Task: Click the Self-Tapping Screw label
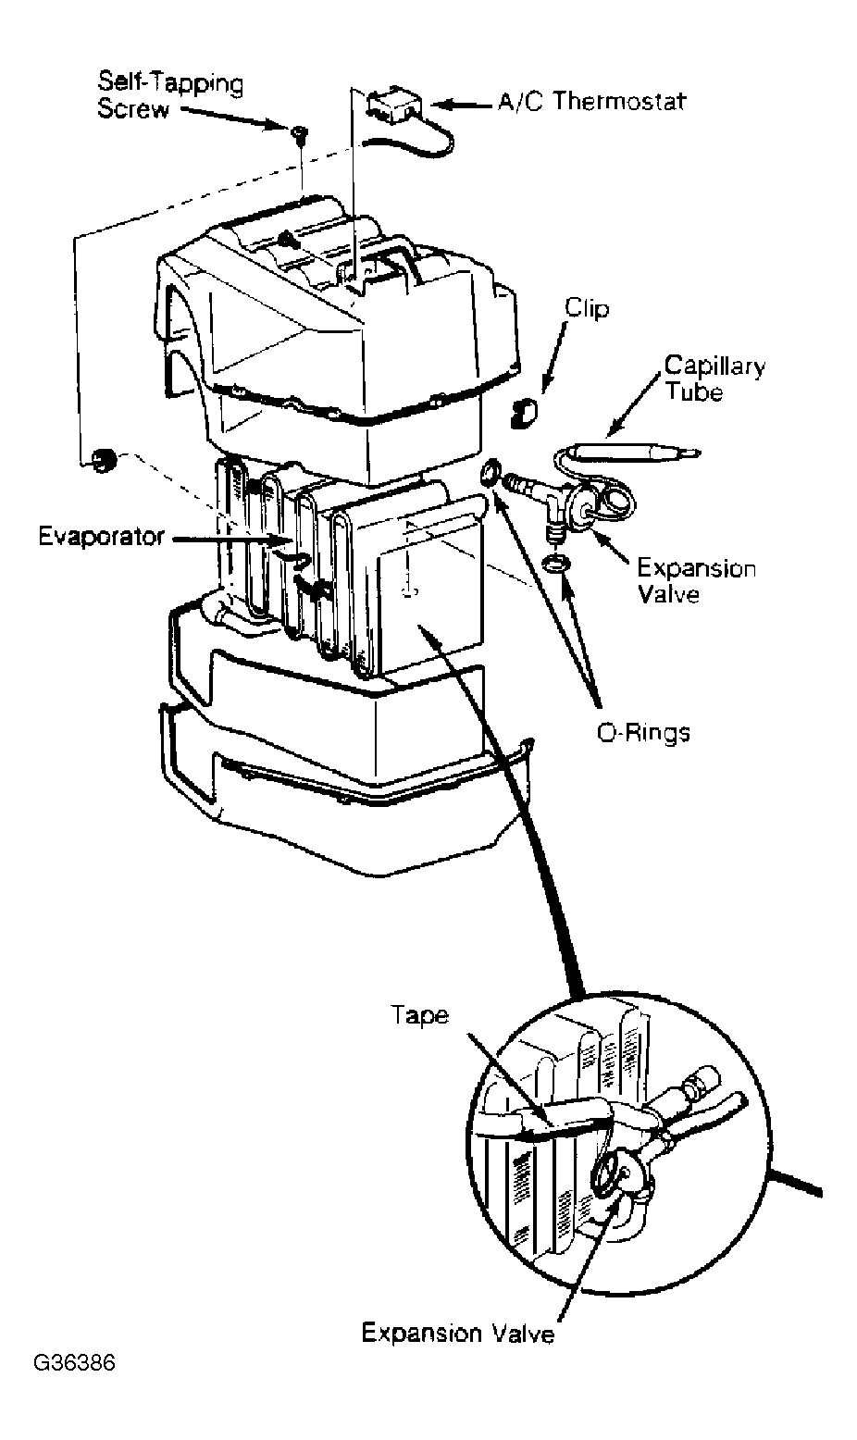169,96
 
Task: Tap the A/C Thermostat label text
592,102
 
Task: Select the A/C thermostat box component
393,105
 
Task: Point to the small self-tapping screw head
298,131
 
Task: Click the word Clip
587,308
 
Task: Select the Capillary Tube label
714,378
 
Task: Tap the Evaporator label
102,536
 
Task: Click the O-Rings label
643,733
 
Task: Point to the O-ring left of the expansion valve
490,474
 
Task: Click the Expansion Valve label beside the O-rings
697,581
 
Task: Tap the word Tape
420,1016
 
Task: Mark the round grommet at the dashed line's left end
103,460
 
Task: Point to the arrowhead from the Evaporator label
290,540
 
